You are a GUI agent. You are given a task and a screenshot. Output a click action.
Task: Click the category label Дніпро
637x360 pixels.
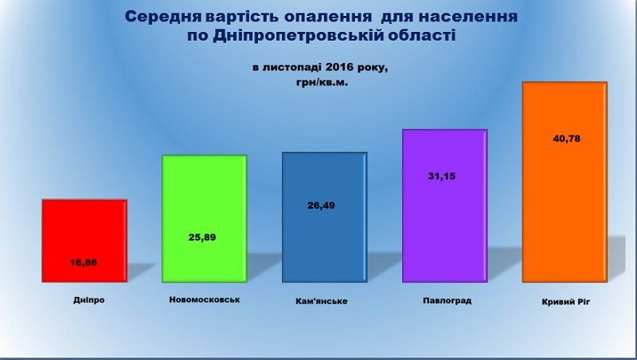88,300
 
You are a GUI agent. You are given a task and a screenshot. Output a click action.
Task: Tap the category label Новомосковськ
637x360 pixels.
205,299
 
